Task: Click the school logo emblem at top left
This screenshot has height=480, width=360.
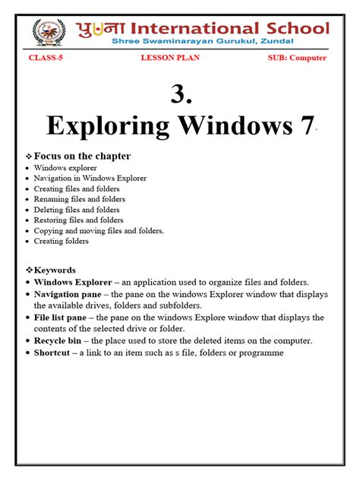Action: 49,32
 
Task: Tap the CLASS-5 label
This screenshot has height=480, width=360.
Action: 46,58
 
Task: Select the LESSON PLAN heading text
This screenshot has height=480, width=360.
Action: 169,58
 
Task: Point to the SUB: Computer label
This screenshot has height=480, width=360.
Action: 297,58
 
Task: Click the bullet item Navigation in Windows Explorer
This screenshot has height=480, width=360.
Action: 90,178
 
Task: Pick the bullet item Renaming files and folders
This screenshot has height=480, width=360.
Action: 78,199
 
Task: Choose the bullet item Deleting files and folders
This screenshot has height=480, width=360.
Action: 77,210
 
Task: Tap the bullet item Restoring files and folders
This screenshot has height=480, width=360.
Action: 78,220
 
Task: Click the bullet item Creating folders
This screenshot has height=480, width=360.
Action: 62,242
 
